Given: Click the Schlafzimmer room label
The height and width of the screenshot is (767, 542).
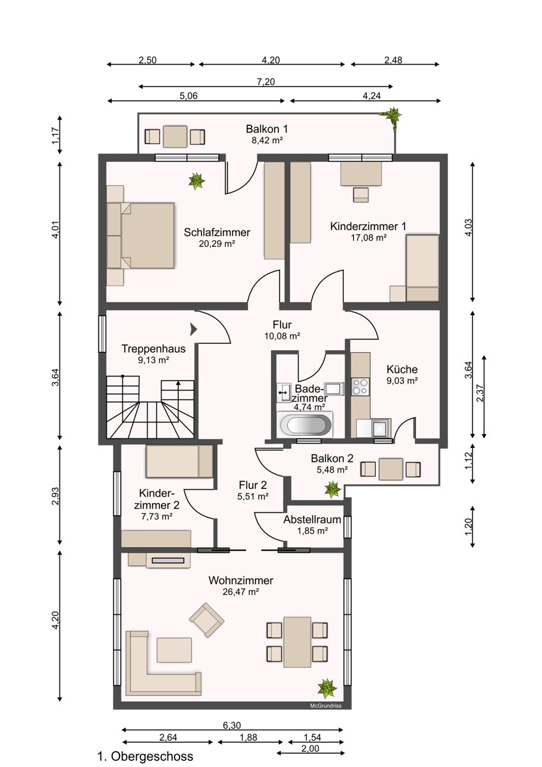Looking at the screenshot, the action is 217,232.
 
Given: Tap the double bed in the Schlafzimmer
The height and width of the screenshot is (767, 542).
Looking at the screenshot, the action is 141,236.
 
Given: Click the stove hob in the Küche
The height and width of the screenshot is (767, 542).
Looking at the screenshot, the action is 360,387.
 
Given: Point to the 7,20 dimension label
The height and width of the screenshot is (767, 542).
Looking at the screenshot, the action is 266,82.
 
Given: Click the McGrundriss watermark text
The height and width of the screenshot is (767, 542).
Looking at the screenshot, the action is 325,706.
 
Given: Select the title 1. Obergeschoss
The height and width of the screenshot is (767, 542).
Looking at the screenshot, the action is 145,756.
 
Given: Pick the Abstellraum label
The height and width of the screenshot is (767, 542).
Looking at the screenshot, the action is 312,520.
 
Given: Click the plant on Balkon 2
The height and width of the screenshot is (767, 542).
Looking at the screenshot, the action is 332,490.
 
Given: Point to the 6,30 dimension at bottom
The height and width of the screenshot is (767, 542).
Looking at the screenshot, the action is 232,725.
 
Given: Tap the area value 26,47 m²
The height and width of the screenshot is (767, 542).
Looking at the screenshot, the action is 240,591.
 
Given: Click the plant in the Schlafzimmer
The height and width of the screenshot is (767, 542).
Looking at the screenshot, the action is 196,180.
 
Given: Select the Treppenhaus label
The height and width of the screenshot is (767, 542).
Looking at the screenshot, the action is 153,348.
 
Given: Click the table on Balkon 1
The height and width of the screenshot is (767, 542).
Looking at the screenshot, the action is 175,137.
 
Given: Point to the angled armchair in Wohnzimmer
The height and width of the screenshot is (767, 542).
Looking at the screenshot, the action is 207,620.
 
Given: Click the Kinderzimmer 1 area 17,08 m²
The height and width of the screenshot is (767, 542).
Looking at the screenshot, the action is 369,237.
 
